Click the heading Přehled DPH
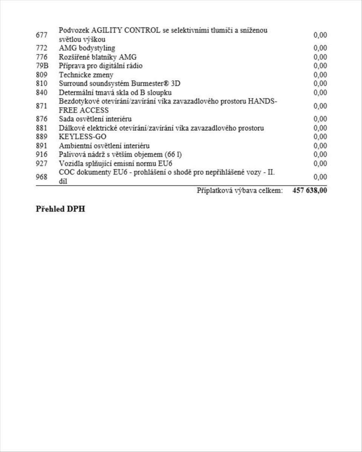pos(60,209)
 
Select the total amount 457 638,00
pos(310,191)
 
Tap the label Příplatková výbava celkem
pos(240,191)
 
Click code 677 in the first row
pos(41,35)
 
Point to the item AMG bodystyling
pos(87,48)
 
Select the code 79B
pos(42,66)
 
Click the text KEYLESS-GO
pos(82,137)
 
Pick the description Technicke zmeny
pos(86,75)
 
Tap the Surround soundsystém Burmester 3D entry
pos(119,84)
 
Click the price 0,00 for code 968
pos(320,177)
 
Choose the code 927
pos(41,163)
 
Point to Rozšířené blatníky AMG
pos(98,57)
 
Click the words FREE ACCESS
pos(84,110)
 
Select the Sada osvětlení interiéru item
pos(95,119)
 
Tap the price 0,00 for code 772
pos(320,48)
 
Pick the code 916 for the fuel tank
pos(41,154)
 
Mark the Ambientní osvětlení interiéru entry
pos(104,146)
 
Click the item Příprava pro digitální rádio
pos(101,66)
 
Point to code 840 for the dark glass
pos(41,93)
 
